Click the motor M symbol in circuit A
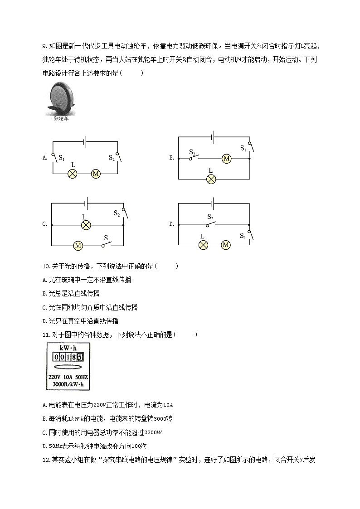[96, 174]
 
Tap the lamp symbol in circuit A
[72, 174]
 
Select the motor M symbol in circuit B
[226, 159]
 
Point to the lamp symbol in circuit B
[211, 179]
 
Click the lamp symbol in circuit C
[84, 225]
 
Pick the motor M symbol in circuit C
[78, 246]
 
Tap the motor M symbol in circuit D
[226, 245]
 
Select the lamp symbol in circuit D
[204, 245]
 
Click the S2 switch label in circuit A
[112, 157]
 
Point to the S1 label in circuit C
[107, 238]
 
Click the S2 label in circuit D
[210, 217]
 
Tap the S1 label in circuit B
[243, 148]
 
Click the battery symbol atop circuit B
[213, 136]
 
